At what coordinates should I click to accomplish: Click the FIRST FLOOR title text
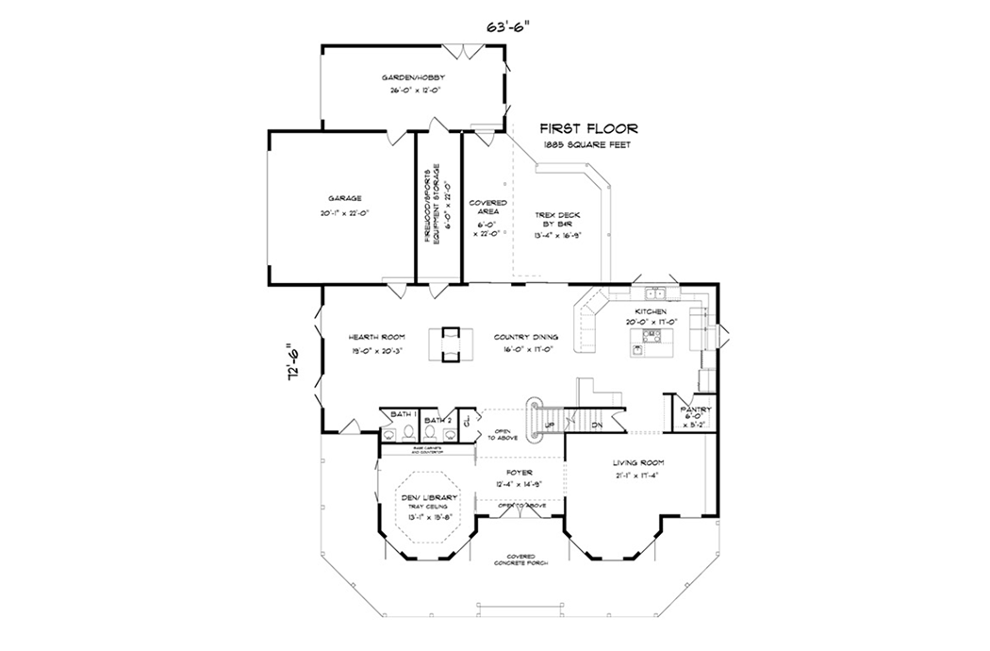tap(588, 128)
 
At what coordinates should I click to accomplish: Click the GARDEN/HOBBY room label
tap(413, 77)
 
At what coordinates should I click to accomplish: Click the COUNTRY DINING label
tap(526, 336)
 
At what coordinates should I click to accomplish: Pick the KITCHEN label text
tap(652, 311)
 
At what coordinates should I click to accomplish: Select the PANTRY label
tap(699, 409)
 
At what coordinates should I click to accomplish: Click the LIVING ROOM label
tap(639, 462)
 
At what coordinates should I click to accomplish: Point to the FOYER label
tap(519, 472)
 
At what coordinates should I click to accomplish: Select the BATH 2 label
tap(437, 420)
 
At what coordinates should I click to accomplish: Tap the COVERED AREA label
tap(488, 209)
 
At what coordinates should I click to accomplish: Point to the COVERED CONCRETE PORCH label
tap(520, 559)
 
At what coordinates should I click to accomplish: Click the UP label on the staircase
tap(548, 425)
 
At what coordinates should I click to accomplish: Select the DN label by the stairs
tap(597, 426)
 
